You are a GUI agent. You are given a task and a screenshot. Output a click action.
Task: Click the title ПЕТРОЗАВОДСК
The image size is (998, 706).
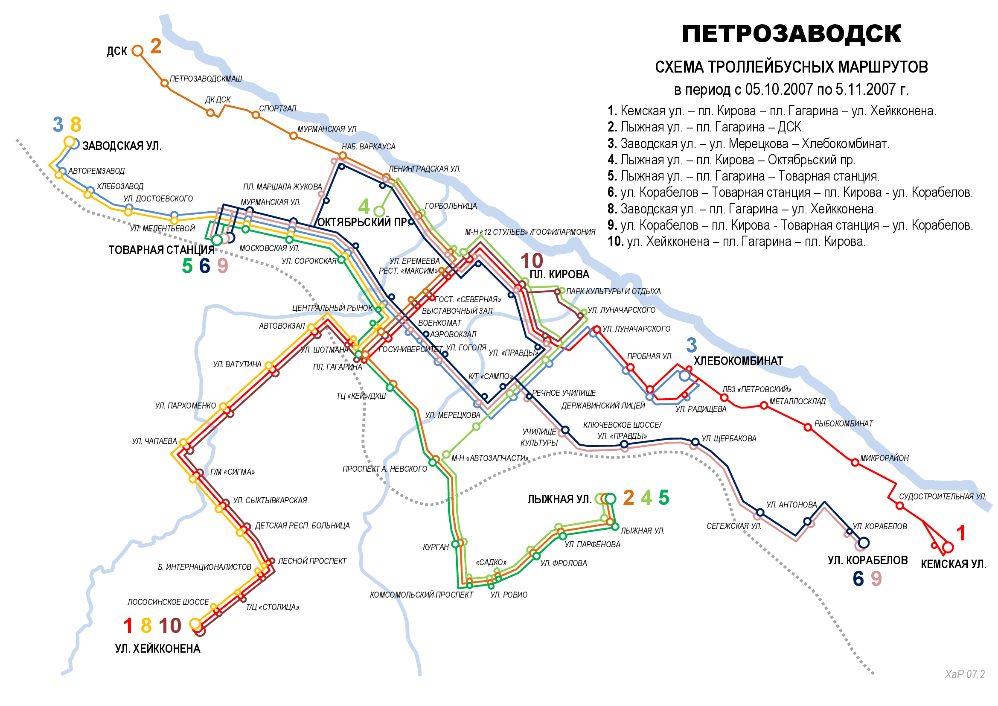[791, 34]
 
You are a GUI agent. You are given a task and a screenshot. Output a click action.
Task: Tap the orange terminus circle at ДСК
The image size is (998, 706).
[137, 51]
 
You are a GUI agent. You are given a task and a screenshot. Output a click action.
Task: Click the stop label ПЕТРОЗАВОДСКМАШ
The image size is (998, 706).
[206, 79]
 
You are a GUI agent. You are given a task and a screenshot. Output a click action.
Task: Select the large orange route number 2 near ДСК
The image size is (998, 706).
[156, 47]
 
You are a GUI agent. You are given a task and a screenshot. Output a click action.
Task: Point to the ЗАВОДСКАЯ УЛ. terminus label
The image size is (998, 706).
[122, 146]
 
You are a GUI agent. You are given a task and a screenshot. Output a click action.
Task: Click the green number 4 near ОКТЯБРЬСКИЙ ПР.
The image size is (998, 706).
[364, 207]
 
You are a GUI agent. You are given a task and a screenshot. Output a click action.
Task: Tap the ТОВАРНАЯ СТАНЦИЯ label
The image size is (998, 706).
[161, 250]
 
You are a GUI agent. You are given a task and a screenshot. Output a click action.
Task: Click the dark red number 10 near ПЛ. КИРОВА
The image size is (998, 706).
[531, 261]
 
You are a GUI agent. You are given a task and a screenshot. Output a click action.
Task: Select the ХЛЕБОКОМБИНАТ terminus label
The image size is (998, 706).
[738, 361]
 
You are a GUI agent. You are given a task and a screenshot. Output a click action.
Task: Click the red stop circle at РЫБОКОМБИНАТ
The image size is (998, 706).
[807, 427]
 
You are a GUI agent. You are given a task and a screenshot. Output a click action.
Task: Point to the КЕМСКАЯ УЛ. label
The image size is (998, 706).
[953, 564]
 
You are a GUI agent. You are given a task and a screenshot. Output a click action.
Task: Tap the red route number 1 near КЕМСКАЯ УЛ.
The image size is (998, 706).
[960, 534]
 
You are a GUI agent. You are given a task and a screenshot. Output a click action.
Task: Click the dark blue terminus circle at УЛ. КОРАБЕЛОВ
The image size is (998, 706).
[863, 543]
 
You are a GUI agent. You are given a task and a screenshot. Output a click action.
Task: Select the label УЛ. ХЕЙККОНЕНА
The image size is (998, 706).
[157, 649]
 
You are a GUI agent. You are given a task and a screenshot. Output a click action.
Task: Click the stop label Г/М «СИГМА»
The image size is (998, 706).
[232, 472]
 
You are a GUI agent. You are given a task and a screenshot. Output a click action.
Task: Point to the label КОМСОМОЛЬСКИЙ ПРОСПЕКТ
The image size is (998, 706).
[421, 595]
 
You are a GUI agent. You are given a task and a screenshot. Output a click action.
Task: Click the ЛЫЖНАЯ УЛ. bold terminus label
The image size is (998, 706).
[559, 499]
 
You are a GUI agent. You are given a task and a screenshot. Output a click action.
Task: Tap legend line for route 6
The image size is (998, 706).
[789, 192]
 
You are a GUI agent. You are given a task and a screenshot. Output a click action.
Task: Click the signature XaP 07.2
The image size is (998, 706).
[965, 674]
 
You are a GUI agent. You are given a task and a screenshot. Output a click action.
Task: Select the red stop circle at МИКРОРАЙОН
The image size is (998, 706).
[855, 463]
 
